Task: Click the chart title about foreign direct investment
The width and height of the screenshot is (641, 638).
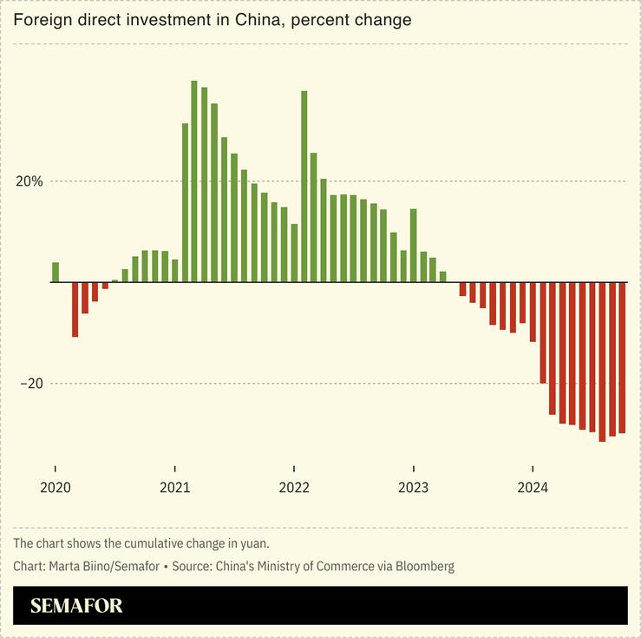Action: click(x=213, y=19)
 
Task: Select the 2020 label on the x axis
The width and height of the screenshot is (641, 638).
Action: click(x=55, y=488)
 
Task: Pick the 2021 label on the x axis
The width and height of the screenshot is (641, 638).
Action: click(x=174, y=488)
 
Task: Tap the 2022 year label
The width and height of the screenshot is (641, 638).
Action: click(x=294, y=488)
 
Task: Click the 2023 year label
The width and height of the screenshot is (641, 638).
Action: click(x=413, y=488)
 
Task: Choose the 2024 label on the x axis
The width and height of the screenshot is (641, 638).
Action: click(x=533, y=488)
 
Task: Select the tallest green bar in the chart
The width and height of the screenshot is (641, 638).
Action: click(x=194, y=181)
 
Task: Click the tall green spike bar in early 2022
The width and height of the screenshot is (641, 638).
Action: click(x=304, y=187)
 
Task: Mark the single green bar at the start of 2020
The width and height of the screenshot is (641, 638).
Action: click(x=56, y=273)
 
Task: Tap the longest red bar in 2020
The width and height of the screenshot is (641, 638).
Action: click(x=75, y=309)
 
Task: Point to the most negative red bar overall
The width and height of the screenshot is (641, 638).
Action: click(x=602, y=362)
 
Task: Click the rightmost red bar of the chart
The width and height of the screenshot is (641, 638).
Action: click(x=622, y=358)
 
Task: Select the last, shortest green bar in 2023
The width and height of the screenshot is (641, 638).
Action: click(x=442, y=277)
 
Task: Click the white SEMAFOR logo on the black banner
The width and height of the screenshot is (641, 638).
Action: click(x=76, y=606)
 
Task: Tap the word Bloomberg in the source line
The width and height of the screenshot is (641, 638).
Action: click(x=425, y=567)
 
